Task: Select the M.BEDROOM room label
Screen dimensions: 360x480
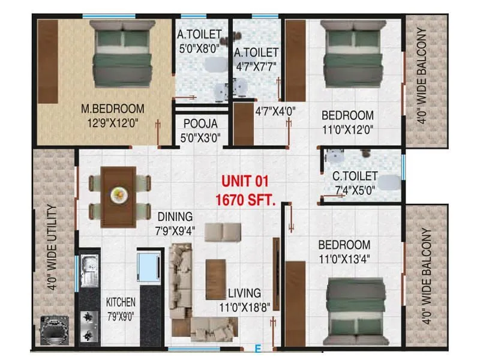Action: tap(113, 109)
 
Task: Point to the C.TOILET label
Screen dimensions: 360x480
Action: tap(356, 176)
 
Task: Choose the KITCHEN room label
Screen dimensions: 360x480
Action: tap(121, 302)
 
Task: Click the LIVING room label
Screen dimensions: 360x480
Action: tap(244, 293)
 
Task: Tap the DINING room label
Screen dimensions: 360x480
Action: tap(175, 216)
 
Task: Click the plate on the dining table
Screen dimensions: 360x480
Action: tap(118, 194)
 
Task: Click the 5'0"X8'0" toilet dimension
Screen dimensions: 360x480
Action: tap(199, 47)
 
